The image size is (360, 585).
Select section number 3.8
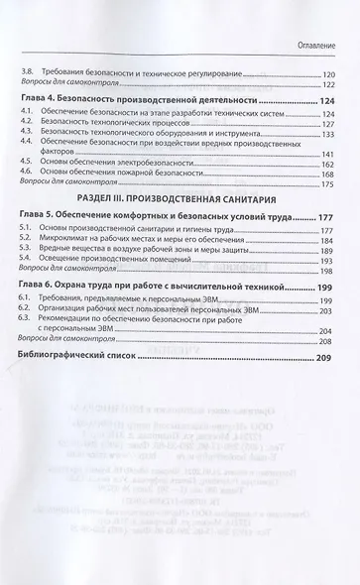click(x=28, y=74)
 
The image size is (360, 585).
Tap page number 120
click(x=328, y=74)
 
